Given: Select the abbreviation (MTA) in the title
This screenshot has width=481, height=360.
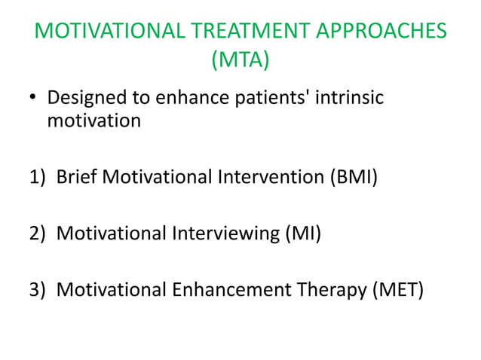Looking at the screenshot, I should [240, 59].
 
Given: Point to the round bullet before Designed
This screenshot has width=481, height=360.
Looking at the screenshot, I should [32, 100].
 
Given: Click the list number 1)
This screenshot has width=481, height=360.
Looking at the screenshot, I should [38, 178].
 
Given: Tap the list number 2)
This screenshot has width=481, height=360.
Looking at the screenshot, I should [38, 233].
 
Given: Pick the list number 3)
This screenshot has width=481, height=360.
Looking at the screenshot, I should [38, 289].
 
